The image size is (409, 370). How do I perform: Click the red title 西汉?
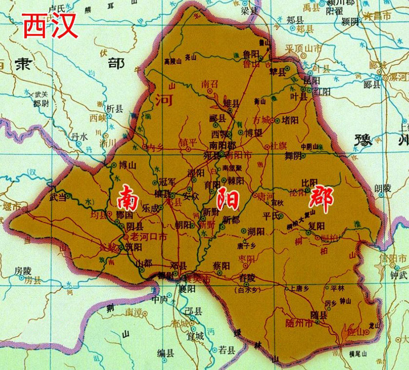[50, 26]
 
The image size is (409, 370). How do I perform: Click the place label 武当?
[59, 197]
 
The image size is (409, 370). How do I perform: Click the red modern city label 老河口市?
[149, 237]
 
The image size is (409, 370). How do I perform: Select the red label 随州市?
[298, 323]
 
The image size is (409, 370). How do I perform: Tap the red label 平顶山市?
[304, 48]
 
